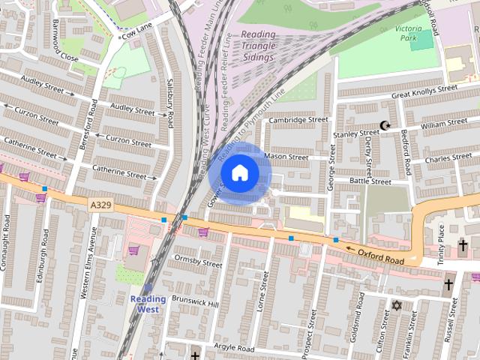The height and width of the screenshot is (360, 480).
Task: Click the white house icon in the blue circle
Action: tap(239, 173)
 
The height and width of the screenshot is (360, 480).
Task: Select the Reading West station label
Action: tap(148, 304)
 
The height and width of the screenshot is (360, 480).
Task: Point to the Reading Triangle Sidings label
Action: tap(259, 44)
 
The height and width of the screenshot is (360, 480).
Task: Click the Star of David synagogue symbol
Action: tap(397, 306)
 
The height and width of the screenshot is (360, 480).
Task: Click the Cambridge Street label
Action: tap(298, 120)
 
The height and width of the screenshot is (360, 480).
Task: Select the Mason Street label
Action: tap(286, 157)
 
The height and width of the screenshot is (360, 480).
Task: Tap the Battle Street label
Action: tap(370, 181)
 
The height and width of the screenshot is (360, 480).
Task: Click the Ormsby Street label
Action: tap(198, 262)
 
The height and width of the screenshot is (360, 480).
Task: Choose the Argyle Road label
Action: tap(235, 349)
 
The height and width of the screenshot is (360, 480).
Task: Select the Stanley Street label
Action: tap(356, 133)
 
